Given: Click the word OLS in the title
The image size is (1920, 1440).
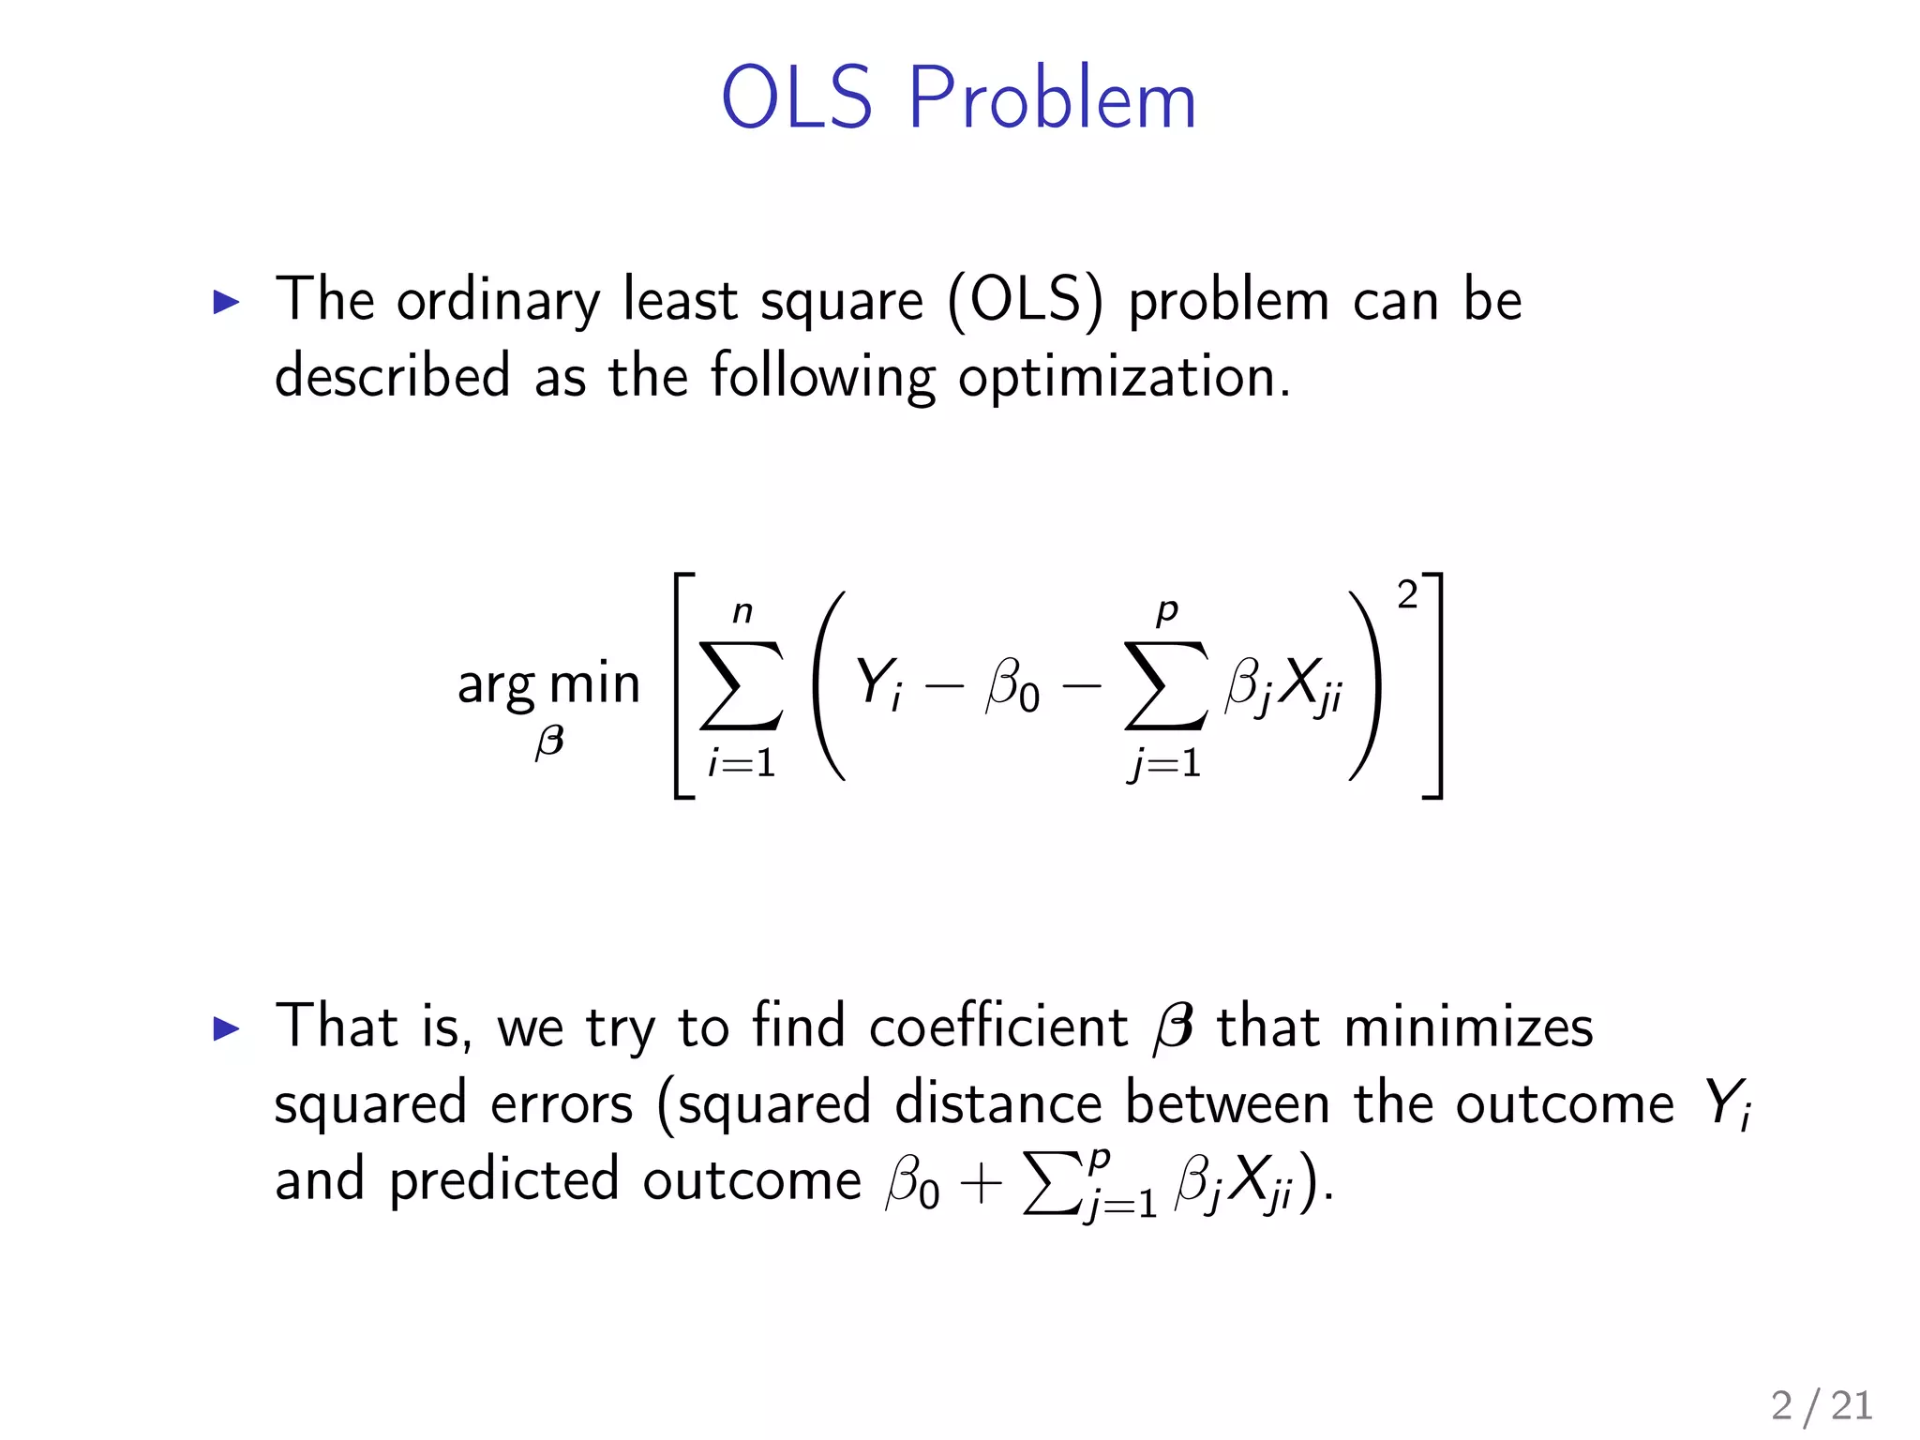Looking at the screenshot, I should [x=796, y=98].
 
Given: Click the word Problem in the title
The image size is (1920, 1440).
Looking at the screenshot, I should [x=1052, y=98].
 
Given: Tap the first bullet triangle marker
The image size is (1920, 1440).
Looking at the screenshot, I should [x=226, y=302].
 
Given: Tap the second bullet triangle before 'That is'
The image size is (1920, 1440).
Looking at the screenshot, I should [x=226, y=1028].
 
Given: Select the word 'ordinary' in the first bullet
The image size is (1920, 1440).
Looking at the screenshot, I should [x=498, y=302].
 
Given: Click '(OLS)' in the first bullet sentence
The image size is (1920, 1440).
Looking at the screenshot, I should [x=1026, y=302].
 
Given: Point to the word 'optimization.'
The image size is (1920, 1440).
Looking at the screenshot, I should [x=1124, y=378].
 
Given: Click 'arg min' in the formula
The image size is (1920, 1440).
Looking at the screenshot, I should [x=548, y=683].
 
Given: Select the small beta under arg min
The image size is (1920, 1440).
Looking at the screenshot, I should [x=549, y=742].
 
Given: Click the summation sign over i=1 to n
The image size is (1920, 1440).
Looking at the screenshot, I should [x=741, y=685].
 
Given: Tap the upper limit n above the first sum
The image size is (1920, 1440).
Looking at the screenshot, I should [x=742, y=612].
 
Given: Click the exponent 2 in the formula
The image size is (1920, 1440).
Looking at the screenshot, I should [x=1406, y=595].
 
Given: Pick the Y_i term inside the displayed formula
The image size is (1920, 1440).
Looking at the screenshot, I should [x=878, y=683].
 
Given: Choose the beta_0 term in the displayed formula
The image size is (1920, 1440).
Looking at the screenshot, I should [x=1012, y=685].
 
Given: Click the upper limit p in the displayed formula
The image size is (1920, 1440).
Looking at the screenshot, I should [x=1166, y=611].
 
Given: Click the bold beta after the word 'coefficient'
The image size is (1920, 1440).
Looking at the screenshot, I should [x=1173, y=1027].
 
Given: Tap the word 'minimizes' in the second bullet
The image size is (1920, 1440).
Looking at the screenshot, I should [x=1468, y=1027].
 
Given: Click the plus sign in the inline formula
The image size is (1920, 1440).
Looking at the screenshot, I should [x=981, y=1183].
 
